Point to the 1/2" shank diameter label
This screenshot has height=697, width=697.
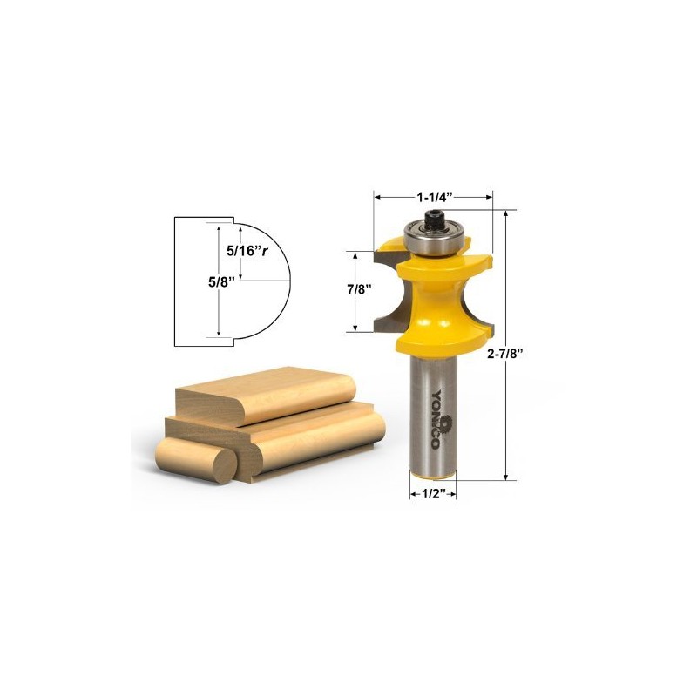click(x=433, y=493)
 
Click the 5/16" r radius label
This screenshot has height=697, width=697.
click(x=247, y=249)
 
